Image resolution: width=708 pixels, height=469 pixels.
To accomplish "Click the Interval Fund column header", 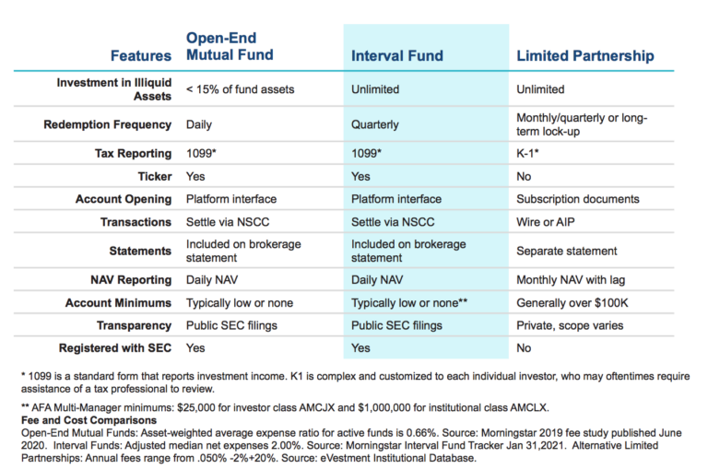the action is click(397, 55).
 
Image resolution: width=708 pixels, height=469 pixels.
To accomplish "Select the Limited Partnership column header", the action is click(585, 55).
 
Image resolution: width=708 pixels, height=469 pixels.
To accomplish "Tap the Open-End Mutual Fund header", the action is click(230, 46).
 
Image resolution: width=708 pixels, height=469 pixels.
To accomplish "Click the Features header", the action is click(141, 55).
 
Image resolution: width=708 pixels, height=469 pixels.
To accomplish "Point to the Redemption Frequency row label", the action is click(108, 124).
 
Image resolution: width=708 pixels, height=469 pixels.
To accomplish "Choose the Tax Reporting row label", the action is click(133, 154).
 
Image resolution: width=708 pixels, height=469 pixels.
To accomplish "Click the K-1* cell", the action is click(527, 153).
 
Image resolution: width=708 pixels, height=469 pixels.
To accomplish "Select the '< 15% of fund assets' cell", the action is click(240, 89).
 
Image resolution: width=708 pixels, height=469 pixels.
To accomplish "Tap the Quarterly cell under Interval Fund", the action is click(375, 124).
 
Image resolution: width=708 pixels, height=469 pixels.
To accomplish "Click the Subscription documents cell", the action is click(577, 199).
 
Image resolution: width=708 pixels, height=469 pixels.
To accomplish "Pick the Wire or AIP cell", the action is click(546, 222).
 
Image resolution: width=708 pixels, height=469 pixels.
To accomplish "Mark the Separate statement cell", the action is click(566, 251).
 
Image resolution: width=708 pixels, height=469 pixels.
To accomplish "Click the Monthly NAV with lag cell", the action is click(571, 280).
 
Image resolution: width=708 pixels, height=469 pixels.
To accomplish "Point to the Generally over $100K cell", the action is click(572, 303).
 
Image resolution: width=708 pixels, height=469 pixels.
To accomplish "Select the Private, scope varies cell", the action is click(570, 325).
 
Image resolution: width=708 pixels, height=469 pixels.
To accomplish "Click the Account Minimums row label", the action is click(118, 303).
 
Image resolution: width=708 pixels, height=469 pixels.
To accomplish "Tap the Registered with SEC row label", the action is click(115, 348).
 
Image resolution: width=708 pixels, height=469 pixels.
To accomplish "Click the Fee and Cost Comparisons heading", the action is click(88, 420).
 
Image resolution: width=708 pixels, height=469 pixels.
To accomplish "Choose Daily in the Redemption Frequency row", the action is click(199, 124).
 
